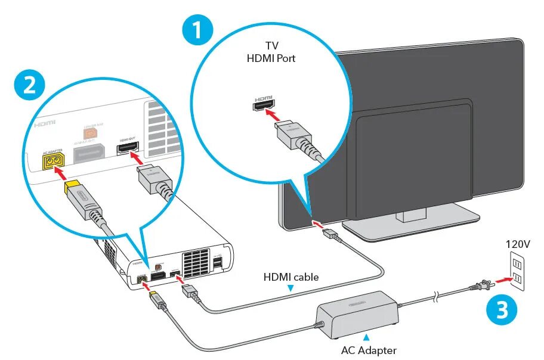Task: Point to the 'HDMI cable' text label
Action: tap(291, 277)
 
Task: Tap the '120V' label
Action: tap(518, 244)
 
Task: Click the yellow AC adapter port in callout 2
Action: tap(51, 160)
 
